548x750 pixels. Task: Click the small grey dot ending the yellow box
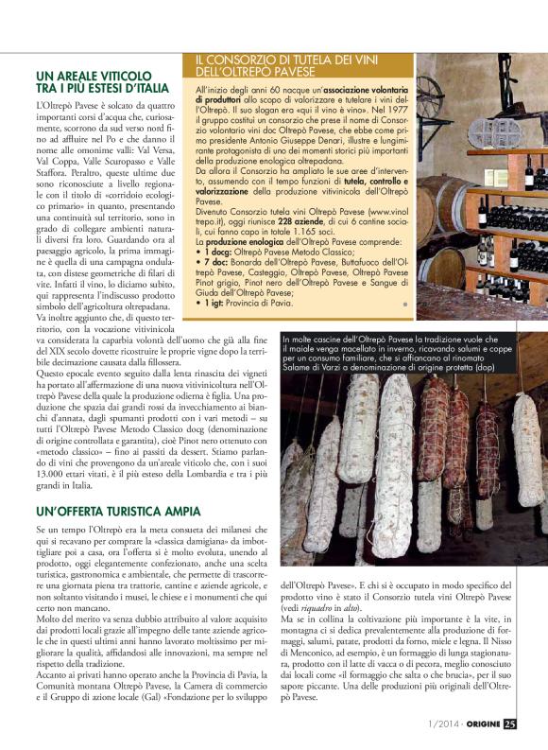404,304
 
